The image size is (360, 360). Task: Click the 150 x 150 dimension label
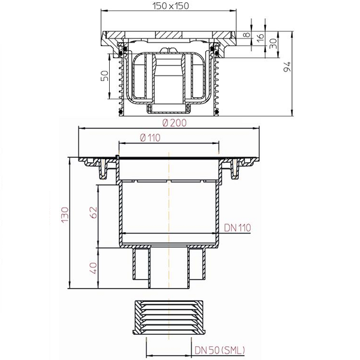(x=170, y=6)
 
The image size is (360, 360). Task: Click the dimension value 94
(x=287, y=67)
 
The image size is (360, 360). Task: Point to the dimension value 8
(x=247, y=35)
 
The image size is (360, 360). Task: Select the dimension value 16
(x=260, y=38)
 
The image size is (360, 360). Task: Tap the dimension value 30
(x=273, y=44)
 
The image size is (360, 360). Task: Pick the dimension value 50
(x=104, y=76)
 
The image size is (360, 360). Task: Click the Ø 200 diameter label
(x=175, y=123)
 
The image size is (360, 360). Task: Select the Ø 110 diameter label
(x=150, y=138)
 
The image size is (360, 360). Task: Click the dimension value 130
(x=65, y=214)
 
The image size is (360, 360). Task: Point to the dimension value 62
(x=94, y=212)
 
